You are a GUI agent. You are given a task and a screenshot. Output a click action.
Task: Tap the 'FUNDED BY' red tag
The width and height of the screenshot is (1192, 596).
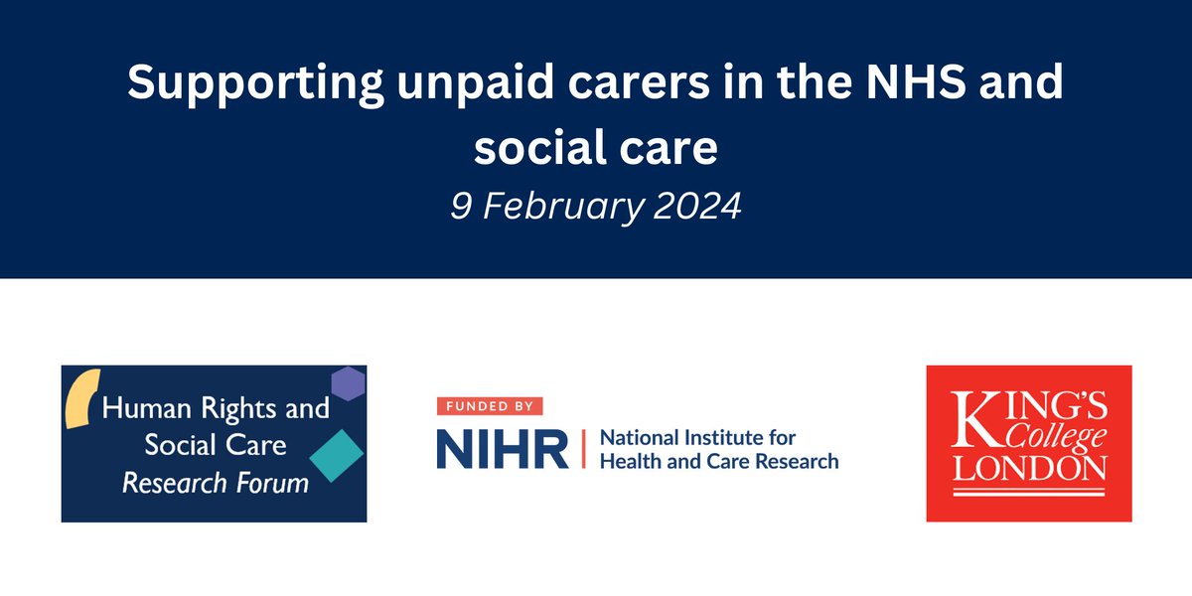[490, 405]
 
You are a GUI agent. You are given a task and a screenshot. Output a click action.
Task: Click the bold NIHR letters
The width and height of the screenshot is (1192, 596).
[503, 449]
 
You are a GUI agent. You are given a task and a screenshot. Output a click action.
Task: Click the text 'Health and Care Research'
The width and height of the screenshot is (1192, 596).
[718, 461]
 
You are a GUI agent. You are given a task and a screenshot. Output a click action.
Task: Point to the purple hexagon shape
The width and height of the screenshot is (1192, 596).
[347, 382]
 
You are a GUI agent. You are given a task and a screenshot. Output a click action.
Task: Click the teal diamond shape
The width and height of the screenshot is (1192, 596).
[334, 454]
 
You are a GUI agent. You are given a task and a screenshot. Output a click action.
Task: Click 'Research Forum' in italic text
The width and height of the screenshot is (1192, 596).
[215, 484]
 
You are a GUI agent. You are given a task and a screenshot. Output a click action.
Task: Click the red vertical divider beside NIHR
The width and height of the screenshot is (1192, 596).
[583, 449]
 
